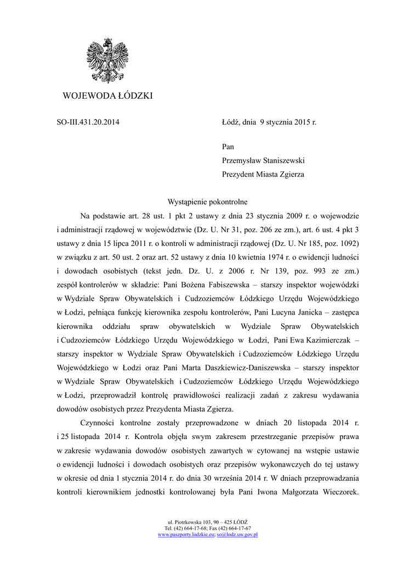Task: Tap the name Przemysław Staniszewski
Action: (263, 161)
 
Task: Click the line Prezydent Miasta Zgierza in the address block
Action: (263, 175)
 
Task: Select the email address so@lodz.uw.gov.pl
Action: (237, 534)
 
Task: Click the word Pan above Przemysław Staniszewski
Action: (228, 147)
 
